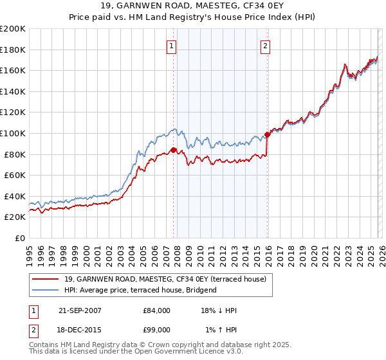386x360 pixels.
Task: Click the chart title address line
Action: [193, 6]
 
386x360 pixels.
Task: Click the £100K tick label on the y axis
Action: [13, 133]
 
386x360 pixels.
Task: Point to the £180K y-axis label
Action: [13, 50]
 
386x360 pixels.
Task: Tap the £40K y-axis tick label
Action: [15, 196]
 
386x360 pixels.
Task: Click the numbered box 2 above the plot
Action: [265, 46]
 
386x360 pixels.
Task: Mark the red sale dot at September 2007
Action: [173, 150]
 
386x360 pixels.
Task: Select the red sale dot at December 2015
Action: [267, 134]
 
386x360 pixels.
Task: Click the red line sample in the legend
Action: [45, 278]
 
